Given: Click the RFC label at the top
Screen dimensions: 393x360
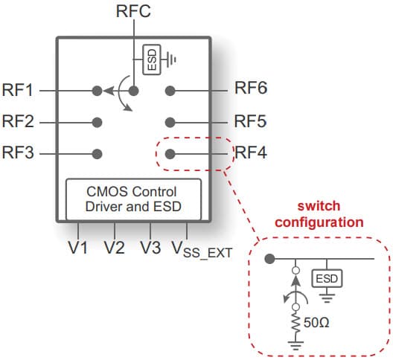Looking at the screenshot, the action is (133, 11).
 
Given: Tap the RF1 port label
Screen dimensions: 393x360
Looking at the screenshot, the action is (18, 90).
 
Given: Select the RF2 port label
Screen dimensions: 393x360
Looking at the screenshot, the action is (18, 121).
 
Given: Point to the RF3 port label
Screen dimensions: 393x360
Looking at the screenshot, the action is (18, 152).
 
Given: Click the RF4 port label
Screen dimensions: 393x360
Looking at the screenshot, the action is (251, 152).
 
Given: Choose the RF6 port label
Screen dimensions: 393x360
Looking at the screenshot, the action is (251, 88).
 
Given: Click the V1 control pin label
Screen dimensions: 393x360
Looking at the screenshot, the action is (78, 248).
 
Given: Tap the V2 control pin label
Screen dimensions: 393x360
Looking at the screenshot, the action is (115, 248).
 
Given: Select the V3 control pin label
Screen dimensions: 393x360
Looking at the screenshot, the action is (150, 248).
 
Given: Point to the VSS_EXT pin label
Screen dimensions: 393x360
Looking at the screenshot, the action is (202, 250).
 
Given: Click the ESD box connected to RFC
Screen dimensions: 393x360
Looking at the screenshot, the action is (152, 60).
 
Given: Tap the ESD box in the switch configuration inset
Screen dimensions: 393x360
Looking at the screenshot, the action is (327, 278).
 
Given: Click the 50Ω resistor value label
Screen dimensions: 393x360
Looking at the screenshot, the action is (316, 322).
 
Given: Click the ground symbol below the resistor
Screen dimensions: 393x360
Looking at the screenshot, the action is (296, 346).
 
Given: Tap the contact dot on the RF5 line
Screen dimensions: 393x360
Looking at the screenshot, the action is (170, 123).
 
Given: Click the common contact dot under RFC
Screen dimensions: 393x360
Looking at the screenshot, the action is (133, 91).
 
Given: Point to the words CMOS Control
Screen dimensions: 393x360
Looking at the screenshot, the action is (132, 192).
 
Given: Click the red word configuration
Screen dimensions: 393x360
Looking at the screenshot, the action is (319, 222).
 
